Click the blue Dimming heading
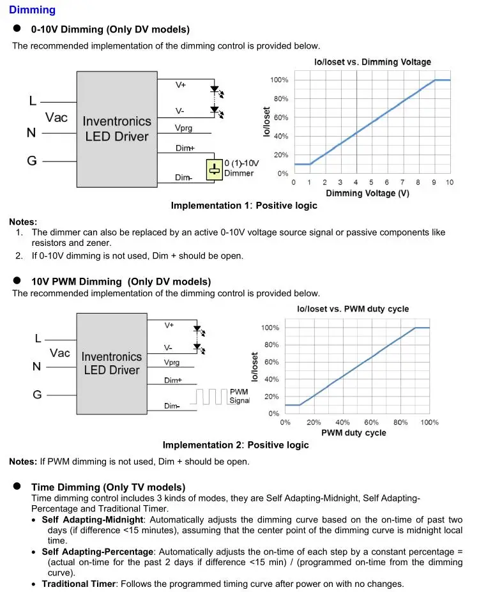tap(32, 10)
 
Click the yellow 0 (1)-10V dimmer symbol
tap(214, 170)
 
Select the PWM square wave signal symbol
tap(211, 397)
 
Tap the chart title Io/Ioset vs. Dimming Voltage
tap(372, 62)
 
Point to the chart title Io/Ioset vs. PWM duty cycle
tap(353, 309)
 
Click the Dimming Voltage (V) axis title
tap(367, 194)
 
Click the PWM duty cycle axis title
tap(353, 432)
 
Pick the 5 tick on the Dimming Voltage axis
tap(372, 183)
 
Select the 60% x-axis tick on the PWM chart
tap(372, 423)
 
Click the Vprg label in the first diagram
tap(183, 128)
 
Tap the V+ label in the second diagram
tap(169, 325)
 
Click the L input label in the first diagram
tap(33, 101)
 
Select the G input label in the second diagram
tap(37, 395)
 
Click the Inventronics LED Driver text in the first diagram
tap(117, 128)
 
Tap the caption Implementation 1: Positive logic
tap(244, 206)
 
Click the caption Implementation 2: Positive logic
tap(236, 445)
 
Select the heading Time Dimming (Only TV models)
tap(108, 487)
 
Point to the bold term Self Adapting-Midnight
tap(93, 520)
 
